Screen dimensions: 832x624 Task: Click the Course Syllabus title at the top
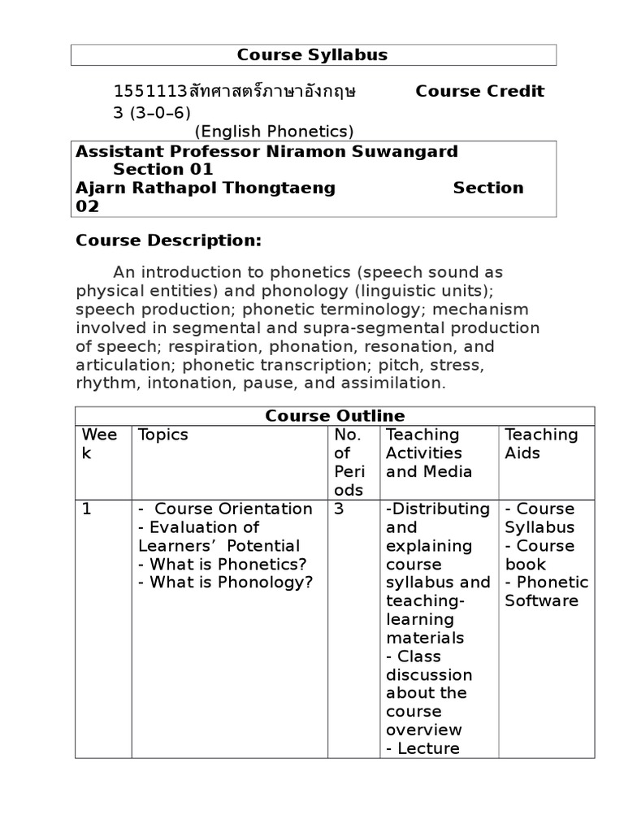click(x=312, y=55)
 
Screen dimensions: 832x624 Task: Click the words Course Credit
click(x=479, y=91)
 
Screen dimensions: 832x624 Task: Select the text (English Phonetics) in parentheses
click(x=274, y=131)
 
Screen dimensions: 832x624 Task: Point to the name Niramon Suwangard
click(x=355, y=151)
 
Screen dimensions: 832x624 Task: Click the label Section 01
click(x=162, y=169)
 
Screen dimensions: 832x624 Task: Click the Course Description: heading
click(x=169, y=240)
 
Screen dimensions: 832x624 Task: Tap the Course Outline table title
click(x=335, y=416)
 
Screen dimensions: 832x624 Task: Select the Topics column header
click(x=162, y=435)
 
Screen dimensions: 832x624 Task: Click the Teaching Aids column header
click(x=541, y=444)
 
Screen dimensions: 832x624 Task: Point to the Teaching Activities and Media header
click(x=428, y=453)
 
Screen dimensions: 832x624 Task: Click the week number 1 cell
click(x=86, y=509)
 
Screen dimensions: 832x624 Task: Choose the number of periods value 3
click(x=339, y=509)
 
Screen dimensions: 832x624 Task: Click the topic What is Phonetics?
click(x=222, y=564)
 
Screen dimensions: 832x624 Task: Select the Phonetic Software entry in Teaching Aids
click(x=546, y=591)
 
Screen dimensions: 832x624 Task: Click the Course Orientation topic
click(x=232, y=509)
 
